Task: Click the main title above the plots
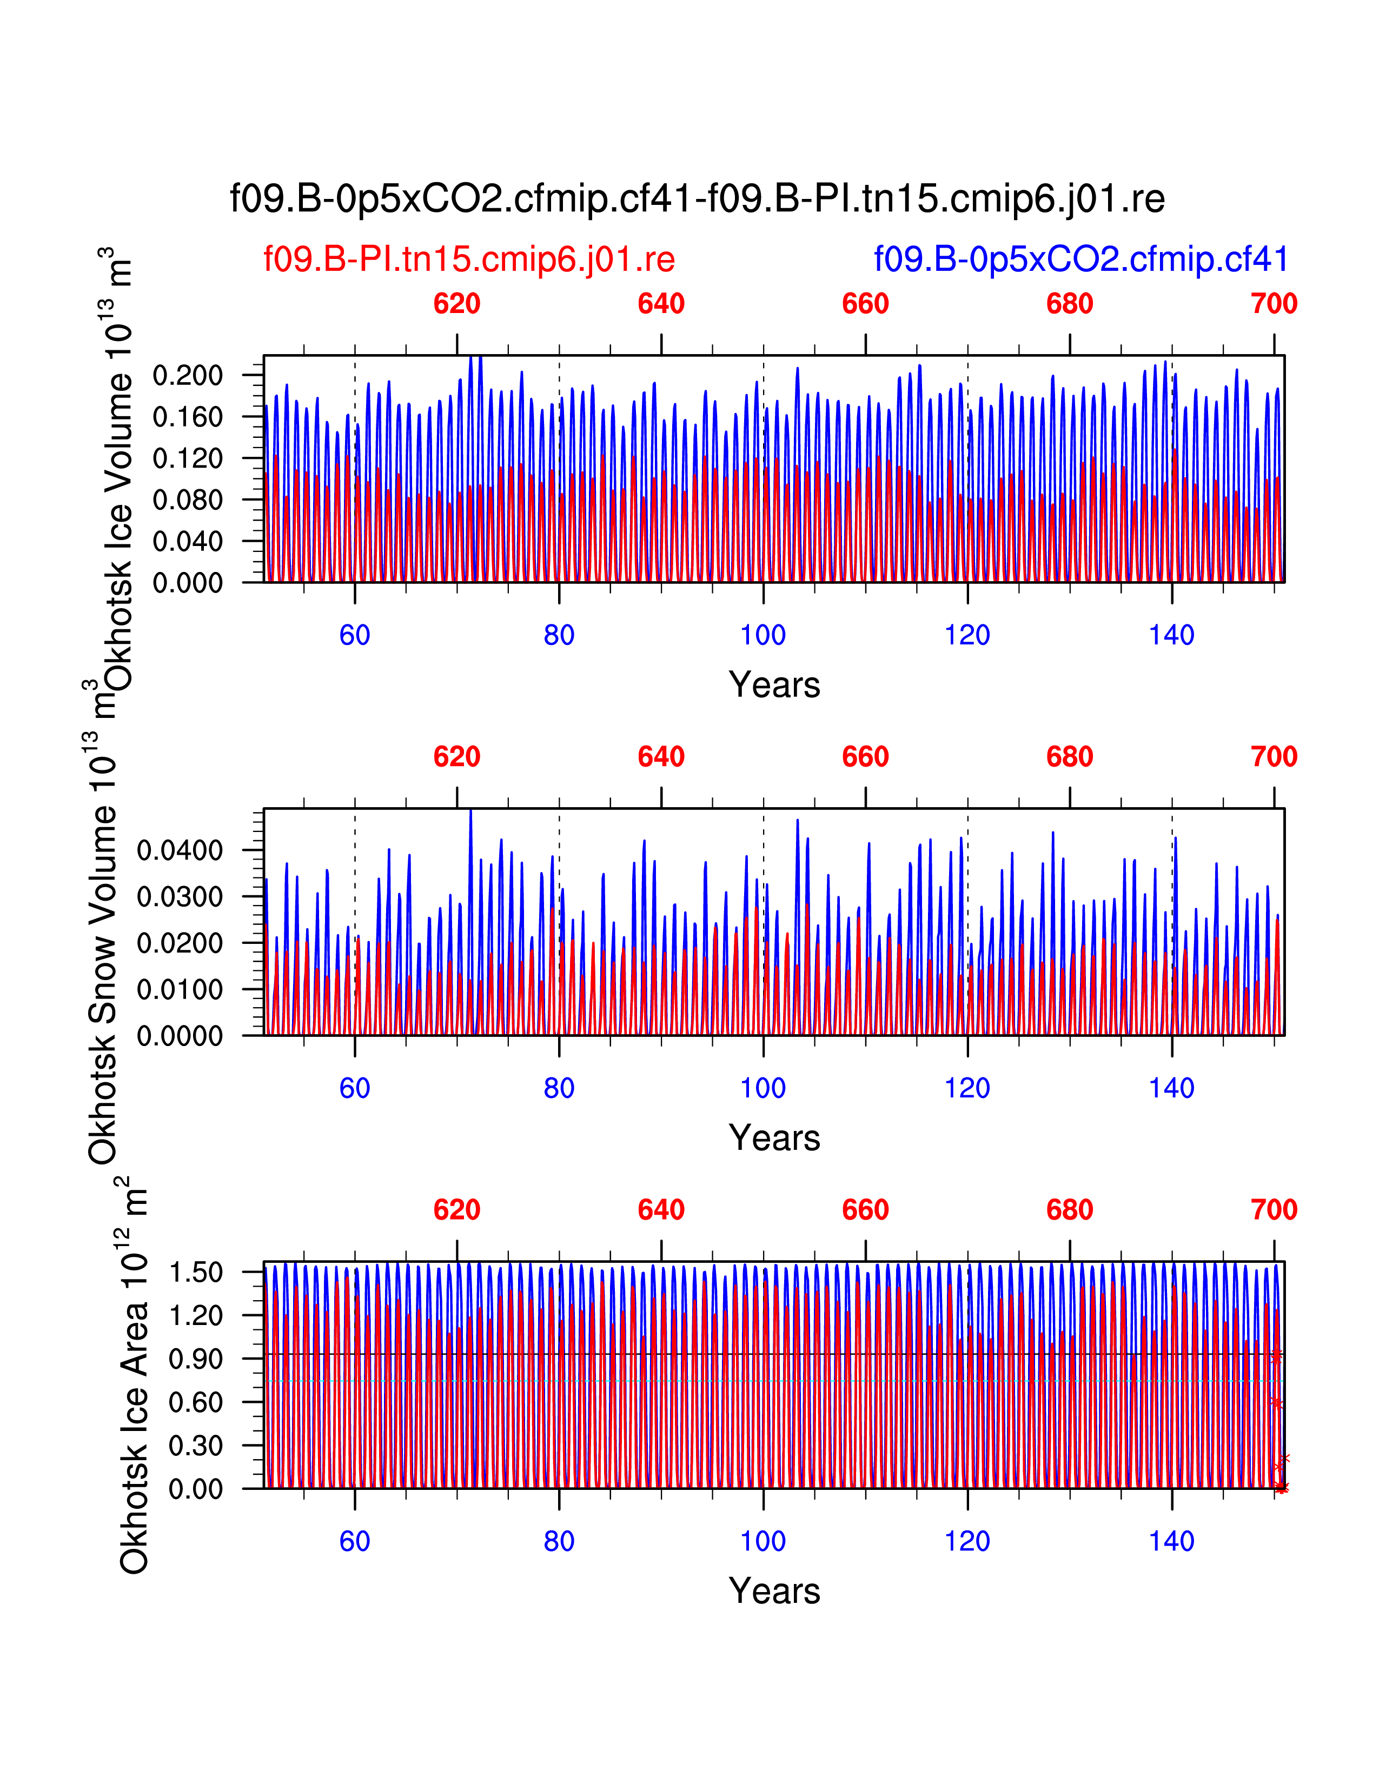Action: click(697, 198)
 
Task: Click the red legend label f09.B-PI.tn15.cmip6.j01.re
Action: click(469, 259)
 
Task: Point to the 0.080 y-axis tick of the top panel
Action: click(187, 500)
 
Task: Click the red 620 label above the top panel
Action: click(456, 304)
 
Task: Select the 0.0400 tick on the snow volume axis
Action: click(180, 850)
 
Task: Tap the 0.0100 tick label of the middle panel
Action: click(180, 989)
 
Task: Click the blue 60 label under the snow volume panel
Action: click(355, 1088)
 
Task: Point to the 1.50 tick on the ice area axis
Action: click(195, 1273)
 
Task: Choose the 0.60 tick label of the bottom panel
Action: click(195, 1402)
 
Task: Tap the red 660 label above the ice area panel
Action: click(865, 1210)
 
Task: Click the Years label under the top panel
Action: click(774, 684)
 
